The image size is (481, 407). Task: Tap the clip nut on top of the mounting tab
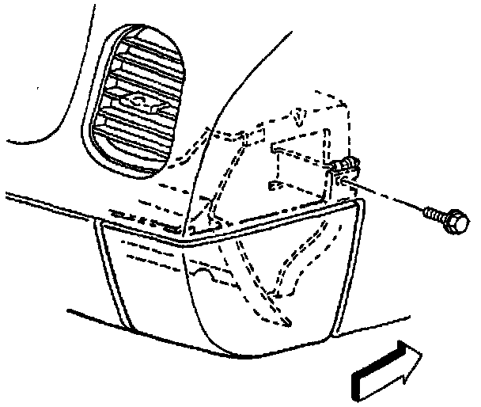coord(343,165)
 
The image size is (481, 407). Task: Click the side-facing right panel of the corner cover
coord(269,277)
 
